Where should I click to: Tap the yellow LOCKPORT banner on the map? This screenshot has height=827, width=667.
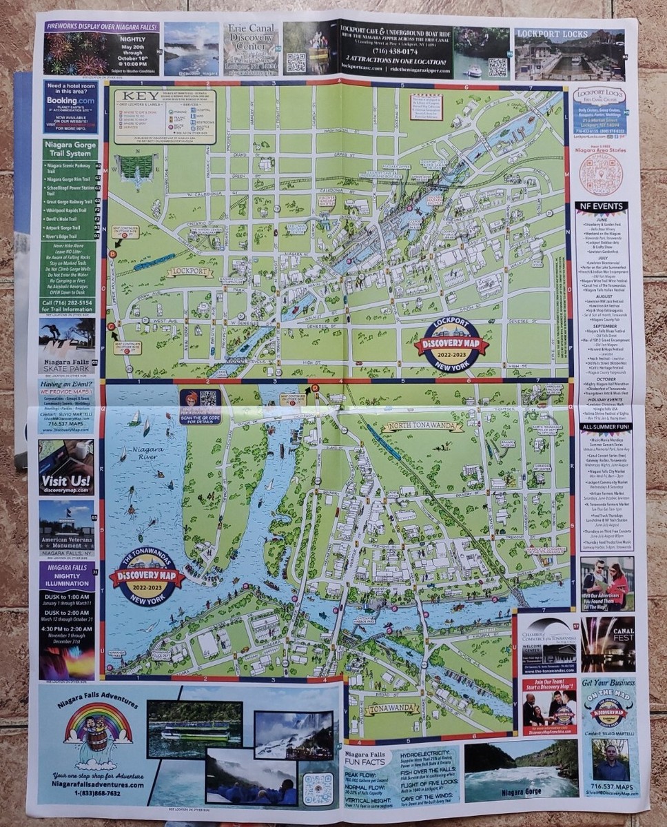pos(189,272)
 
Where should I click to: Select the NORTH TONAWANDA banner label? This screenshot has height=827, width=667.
pos(422,427)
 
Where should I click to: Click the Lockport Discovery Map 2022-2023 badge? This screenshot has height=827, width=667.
pos(451,343)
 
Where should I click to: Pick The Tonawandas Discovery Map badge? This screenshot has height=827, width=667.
pos(147,576)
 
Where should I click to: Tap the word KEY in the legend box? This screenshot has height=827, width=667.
pos(134,96)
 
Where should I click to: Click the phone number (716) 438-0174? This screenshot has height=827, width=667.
pos(396,51)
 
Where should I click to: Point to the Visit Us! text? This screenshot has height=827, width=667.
pos(65,480)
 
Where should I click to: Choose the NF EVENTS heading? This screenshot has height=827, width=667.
pos(602,206)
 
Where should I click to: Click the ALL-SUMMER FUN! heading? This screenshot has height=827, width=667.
pos(602,427)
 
